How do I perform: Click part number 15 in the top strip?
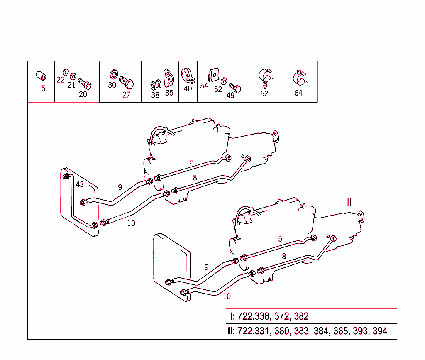coord(41,88)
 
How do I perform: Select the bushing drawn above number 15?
coord(41,76)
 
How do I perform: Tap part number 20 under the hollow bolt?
coord(83,94)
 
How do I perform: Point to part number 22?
coord(61,80)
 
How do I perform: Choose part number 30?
coord(112,85)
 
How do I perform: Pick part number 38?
coord(155,95)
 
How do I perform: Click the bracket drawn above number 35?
coord(169,78)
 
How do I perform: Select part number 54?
coord(204,86)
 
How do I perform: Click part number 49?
coord(230,95)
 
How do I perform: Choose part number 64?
coord(298,93)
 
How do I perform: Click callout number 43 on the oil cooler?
coord(80,184)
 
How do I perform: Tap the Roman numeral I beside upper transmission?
coord(264,122)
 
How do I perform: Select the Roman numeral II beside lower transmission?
coord(349,202)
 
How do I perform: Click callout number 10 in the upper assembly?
coord(131,223)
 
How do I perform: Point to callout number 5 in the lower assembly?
coord(280,239)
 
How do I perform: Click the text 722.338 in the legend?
coord(253,316)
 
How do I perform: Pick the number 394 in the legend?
coord(380,331)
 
